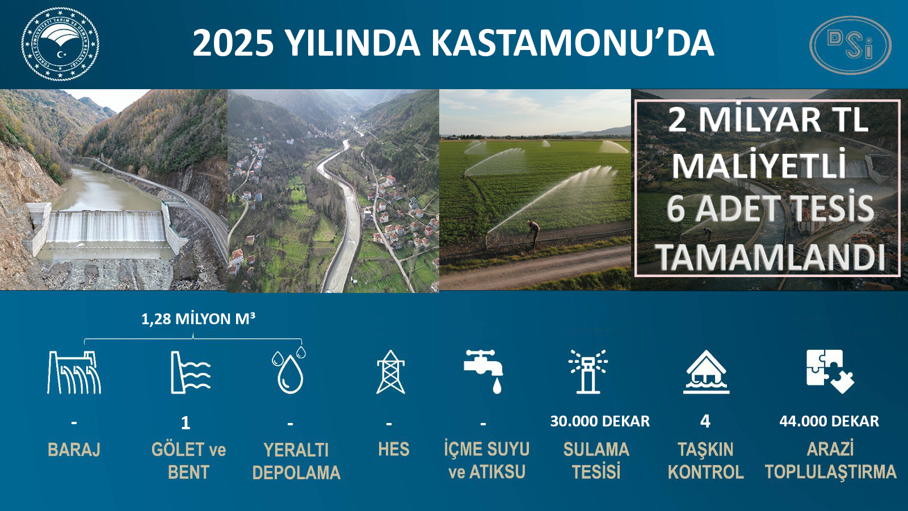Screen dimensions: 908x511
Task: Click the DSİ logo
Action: (x=850, y=45)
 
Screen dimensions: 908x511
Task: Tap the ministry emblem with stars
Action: (x=60, y=44)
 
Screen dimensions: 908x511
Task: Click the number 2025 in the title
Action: (x=233, y=43)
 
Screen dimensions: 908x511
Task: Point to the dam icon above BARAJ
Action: (x=74, y=372)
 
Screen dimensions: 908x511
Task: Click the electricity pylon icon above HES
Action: (x=390, y=372)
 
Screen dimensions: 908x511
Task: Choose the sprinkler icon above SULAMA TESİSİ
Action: (x=588, y=371)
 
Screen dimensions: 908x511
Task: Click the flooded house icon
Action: (x=706, y=372)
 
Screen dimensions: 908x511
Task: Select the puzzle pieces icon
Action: (x=830, y=371)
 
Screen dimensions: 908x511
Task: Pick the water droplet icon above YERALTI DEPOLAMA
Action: (x=289, y=370)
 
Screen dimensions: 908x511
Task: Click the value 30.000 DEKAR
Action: (x=600, y=421)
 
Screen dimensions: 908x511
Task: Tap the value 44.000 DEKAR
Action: (x=829, y=421)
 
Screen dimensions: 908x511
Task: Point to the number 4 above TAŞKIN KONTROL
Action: (x=705, y=421)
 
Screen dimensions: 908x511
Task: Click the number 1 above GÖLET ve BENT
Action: (x=186, y=424)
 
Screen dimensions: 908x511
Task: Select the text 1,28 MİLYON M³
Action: (x=198, y=319)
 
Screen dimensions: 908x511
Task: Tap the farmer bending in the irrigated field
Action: (x=533, y=233)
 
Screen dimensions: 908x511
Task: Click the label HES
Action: (x=394, y=449)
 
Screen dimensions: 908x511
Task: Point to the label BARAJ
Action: (x=74, y=450)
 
